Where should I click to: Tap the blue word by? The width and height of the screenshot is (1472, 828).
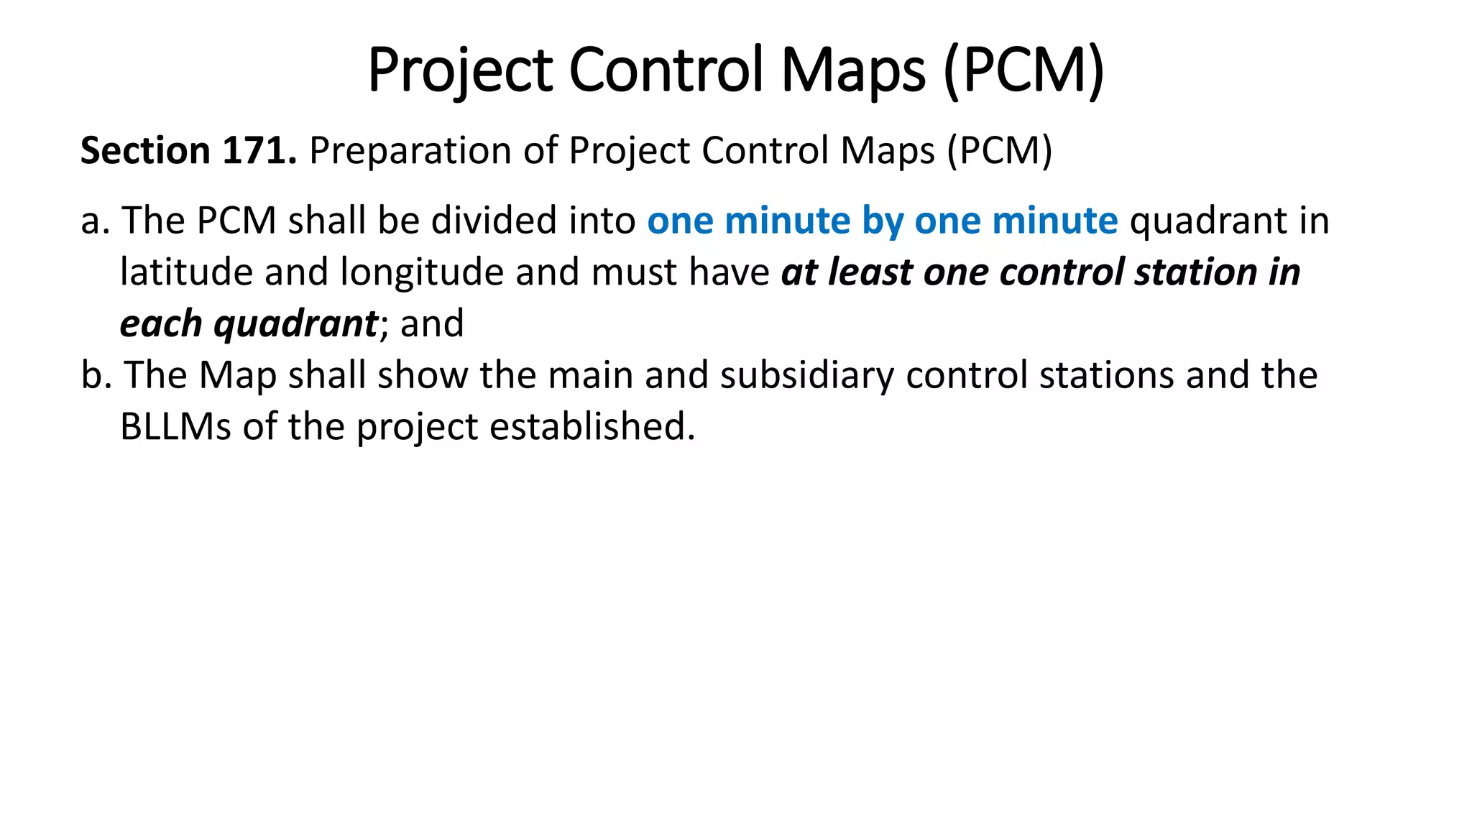882,221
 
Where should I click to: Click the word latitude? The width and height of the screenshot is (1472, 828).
186,272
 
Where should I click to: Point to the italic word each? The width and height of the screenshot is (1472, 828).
161,324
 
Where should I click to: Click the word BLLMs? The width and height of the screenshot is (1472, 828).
175,427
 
